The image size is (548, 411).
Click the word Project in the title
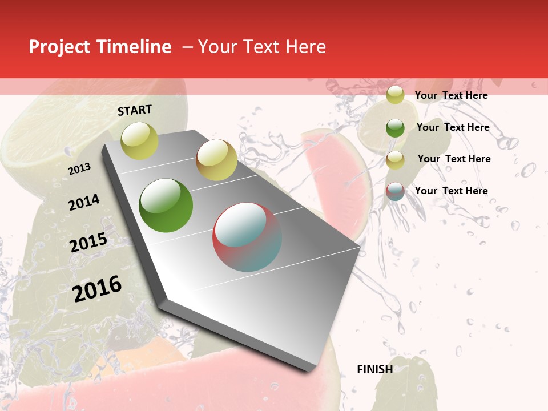coord(59,47)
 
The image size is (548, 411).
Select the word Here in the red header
coord(305,47)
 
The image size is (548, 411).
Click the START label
coord(135,110)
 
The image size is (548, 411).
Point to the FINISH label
coord(374,369)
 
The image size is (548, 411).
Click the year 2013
coord(79,168)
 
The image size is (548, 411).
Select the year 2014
coord(84,202)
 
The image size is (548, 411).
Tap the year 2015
coord(88,243)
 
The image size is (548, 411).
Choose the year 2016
coord(97,289)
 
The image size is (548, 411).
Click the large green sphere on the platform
coord(166,205)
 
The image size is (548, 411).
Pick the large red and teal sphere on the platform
coord(247,237)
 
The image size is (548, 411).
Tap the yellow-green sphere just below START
coord(140,140)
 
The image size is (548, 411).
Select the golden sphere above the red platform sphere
coord(216,160)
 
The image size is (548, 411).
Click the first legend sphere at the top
coord(395,95)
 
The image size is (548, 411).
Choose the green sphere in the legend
coord(395,128)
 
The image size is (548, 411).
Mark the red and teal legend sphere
coord(395,191)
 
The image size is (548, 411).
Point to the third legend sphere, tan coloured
coord(395,160)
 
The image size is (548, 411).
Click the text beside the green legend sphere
coord(453,127)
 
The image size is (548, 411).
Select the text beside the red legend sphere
coord(451,191)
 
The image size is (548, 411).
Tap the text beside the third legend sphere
coord(454,159)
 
